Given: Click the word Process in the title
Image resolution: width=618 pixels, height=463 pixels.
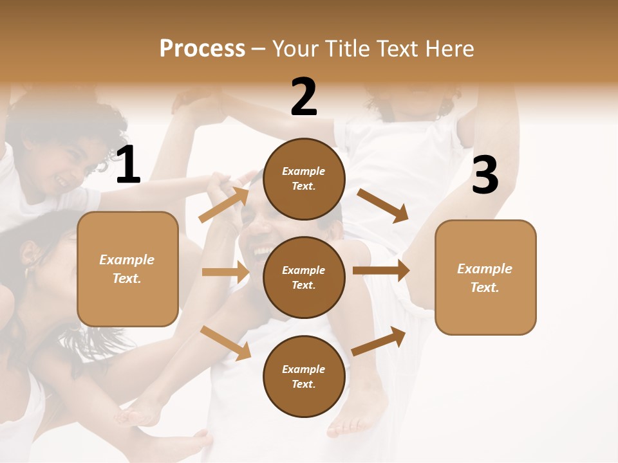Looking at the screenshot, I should [202, 49].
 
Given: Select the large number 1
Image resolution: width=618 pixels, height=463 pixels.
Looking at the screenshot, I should [128, 165].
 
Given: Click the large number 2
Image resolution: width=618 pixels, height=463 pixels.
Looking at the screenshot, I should [304, 97].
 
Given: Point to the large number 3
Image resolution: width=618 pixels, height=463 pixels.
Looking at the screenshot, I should [485, 176].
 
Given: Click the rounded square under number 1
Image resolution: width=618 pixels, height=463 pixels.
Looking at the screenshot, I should [127, 269].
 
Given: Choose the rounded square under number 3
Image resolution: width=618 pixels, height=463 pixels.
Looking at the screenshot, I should [485, 277].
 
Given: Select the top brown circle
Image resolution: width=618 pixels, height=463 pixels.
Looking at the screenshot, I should [304, 179].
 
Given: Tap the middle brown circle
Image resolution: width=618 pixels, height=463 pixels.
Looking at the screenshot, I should [304, 277].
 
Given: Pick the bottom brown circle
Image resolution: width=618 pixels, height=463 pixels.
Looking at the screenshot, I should [304, 376].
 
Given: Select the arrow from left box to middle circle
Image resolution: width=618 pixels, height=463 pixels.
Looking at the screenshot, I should [226, 272].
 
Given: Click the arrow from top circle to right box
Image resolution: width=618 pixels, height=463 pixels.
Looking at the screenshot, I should [384, 205].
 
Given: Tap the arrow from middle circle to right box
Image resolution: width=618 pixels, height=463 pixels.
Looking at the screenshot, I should [381, 270].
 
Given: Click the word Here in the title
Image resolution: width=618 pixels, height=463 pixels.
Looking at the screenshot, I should [450, 49].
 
